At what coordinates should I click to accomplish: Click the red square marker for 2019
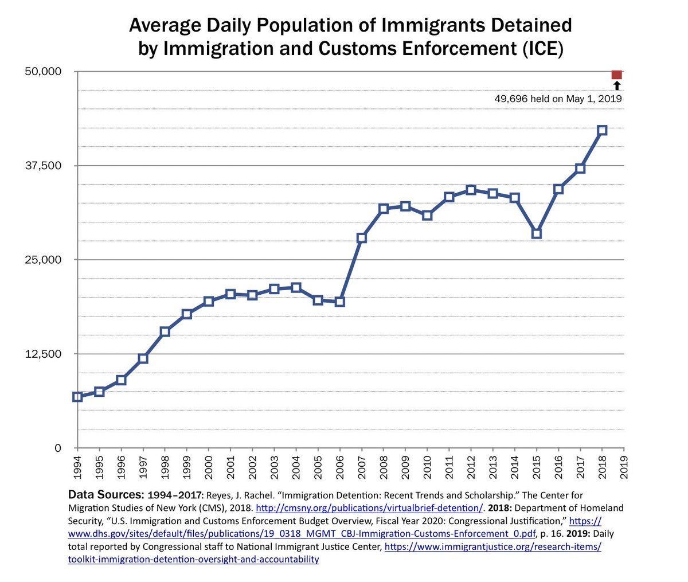point(617,75)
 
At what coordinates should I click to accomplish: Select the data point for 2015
point(537,233)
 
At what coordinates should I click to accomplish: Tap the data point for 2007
point(361,237)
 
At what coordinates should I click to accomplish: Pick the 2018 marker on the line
point(602,130)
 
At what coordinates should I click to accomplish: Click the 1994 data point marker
point(77,397)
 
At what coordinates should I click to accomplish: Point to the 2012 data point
point(471,190)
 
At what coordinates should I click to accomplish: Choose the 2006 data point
point(339,302)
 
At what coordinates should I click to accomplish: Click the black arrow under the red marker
point(617,86)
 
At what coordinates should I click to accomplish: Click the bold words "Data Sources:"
point(106,494)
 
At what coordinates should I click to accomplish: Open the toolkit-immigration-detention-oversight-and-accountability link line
point(193,559)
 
